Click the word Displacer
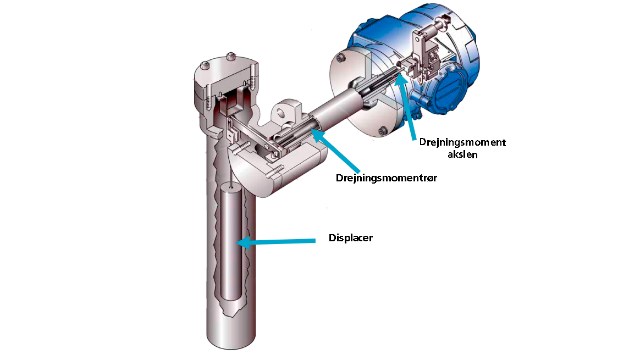(350, 238)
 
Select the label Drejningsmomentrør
(386, 178)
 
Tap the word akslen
(462, 154)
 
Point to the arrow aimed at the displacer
(277, 242)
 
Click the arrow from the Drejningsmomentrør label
(335, 151)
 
